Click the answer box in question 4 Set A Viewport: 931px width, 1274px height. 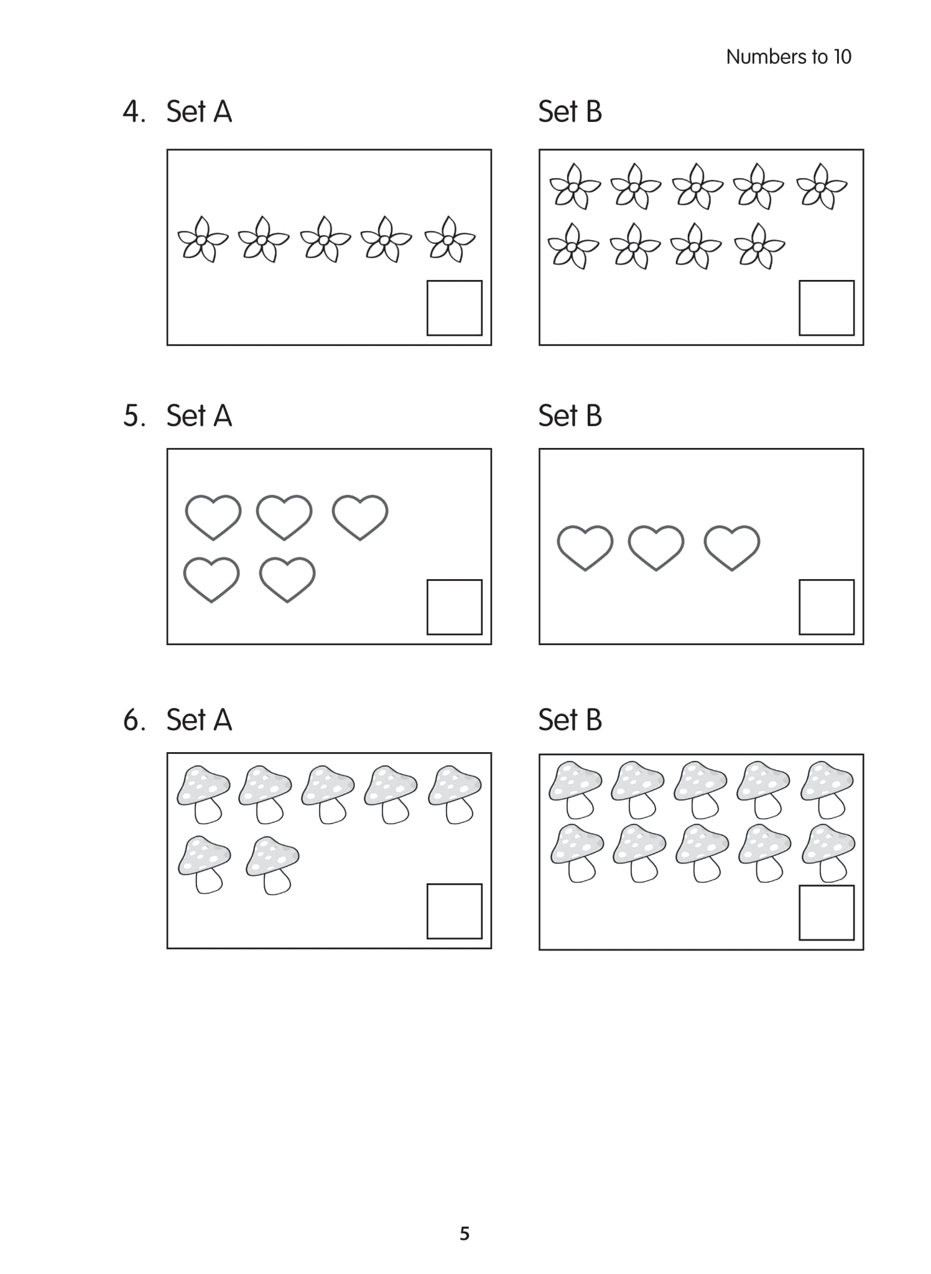click(454, 308)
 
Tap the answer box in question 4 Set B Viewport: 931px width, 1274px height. click(826, 308)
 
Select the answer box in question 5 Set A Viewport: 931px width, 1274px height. click(454, 607)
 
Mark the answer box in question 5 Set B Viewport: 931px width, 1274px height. click(826, 607)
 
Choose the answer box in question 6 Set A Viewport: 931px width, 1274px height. click(454, 911)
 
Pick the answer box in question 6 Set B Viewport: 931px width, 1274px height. click(826, 913)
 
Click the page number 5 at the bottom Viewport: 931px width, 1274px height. click(465, 1234)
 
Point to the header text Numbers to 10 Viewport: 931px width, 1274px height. click(788, 57)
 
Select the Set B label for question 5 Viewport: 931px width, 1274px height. click(570, 416)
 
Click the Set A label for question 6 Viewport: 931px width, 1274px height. click(199, 720)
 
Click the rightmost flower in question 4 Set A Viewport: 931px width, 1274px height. click(450, 239)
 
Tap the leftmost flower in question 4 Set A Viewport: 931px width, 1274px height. click(203, 239)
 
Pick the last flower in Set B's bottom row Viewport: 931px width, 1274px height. click(759, 246)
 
